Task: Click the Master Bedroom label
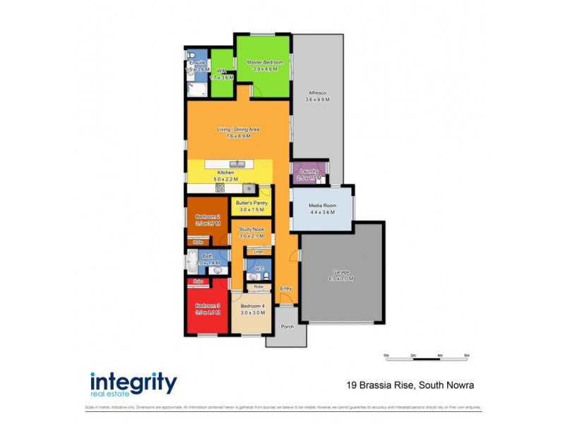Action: tap(263, 62)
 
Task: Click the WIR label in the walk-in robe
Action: tap(222, 71)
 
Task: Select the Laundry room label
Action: tap(308, 172)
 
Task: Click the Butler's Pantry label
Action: tap(251, 204)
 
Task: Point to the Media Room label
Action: tap(322, 206)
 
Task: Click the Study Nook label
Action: tap(251, 230)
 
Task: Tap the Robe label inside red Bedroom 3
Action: tap(199, 281)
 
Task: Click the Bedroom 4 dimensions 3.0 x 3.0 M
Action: tap(252, 312)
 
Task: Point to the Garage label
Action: tap(342, 272)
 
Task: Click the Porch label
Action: tap(287, 326)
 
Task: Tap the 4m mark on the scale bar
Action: tap(440, 355)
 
